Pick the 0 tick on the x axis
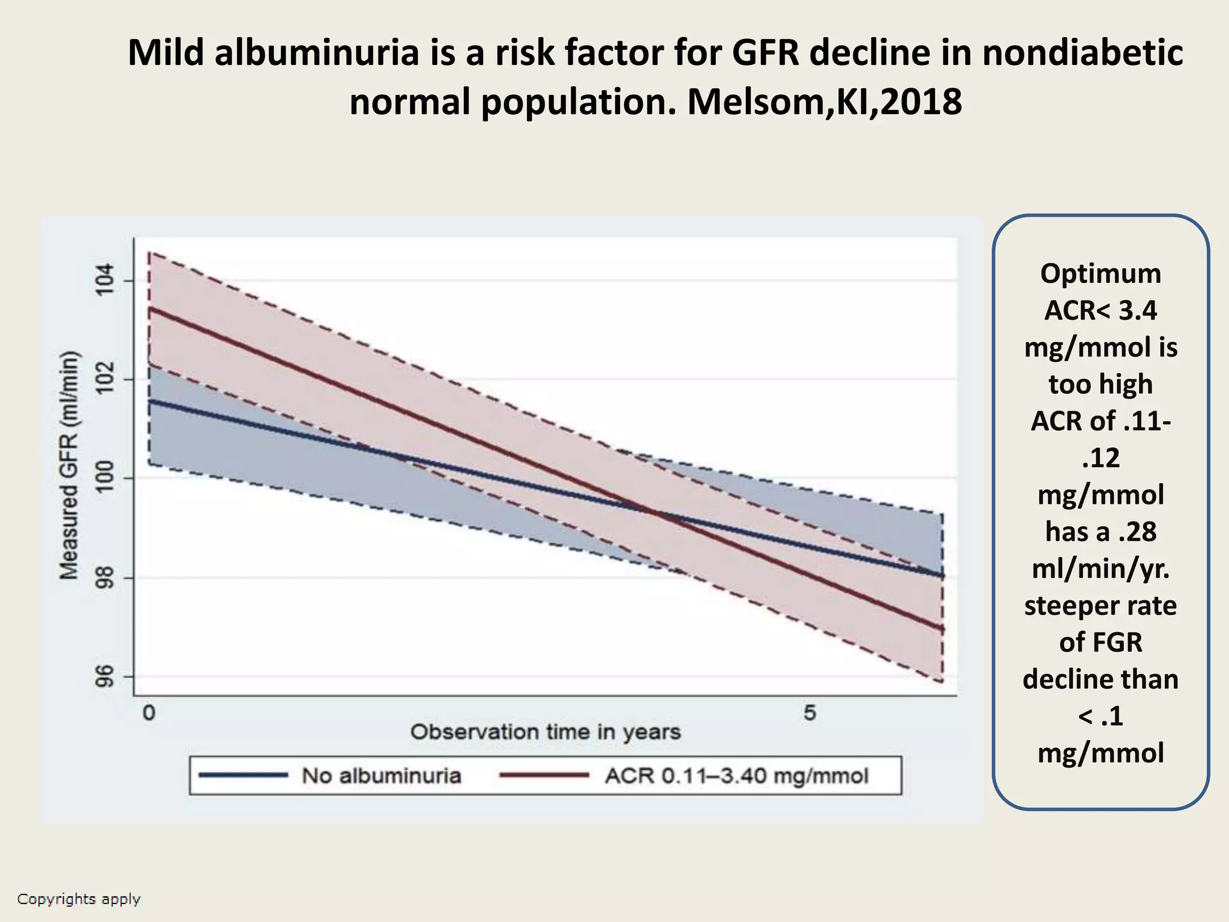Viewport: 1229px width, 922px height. (x=149, y=713)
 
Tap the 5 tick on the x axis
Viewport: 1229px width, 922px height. (x=810, y=713)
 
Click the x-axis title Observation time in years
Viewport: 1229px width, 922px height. (x=545, y=732)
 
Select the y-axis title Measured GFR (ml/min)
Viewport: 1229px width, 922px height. (x=70, y=465)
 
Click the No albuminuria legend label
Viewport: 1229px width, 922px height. (x=382, y=776)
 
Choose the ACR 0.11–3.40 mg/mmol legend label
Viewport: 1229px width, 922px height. (x=736, y=776)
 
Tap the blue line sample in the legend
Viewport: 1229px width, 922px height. (x=243, y=776)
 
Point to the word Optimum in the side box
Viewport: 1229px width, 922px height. (x=1101, y=274)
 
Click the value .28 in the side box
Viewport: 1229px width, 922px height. (x=1137, y=532)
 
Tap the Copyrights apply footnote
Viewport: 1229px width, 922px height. (x=79, y=899)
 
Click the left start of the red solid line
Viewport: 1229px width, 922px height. (x=150, y=309)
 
